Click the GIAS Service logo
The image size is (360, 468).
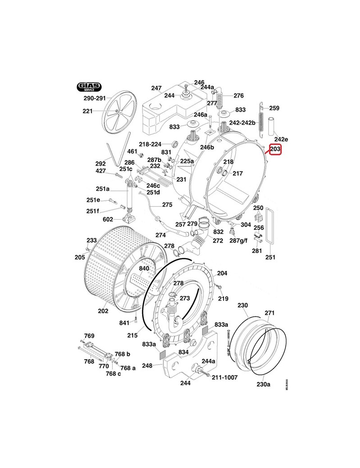tap(89, 86)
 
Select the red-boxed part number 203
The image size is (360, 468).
tap(275, 149)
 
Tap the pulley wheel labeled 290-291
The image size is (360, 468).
tap(116, 112)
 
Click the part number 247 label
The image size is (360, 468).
tap(156, 88)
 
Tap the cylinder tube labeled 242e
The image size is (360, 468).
tap(272, 126)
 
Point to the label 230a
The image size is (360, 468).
tap(263, 384)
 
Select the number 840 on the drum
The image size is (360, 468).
tap(144, 269)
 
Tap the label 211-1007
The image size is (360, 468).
tap(225, 377)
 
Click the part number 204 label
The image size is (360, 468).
tap(222, 273)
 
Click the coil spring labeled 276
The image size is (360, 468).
tap(220, 98)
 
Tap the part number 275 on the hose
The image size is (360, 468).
tap(167, 205)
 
